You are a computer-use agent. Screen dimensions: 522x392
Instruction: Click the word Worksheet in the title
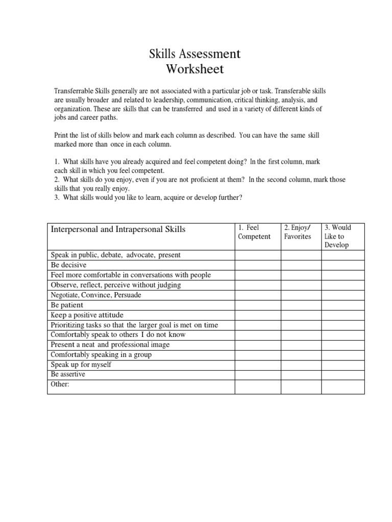(x=195, y=68)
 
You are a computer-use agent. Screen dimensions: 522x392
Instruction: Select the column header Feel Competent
(x=254, y=232)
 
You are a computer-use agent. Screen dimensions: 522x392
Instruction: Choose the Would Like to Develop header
(x=337, y=236)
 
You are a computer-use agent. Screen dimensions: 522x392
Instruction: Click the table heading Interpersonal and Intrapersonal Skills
(x=117, y=229)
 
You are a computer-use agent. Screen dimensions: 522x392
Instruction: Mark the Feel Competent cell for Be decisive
(x=257, y=265)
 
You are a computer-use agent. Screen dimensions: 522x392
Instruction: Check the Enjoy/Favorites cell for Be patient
(x=301, y=305)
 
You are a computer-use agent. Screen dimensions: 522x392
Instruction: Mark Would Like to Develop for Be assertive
(x=342, y=374)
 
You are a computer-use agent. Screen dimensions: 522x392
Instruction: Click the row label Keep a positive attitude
(x=87, y=315)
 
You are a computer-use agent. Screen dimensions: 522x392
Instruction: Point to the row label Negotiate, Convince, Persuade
(x=95, y=295)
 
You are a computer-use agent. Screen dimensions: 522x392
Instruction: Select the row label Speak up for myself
(x=81, y=364)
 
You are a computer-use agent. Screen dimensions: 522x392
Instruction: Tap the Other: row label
(x=60, y=384)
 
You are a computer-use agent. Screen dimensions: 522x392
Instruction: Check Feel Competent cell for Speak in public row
(x=257, y=255)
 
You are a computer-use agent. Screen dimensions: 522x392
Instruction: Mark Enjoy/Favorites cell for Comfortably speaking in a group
(x=301, y=354)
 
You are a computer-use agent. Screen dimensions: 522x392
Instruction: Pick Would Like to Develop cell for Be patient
(x=342, y=305)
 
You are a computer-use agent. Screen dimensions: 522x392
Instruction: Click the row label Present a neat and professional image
(x=110, y=345)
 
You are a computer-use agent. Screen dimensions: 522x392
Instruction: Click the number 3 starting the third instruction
(x=56, y=198)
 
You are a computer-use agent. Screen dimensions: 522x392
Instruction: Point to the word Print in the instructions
(x=61, y=136)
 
